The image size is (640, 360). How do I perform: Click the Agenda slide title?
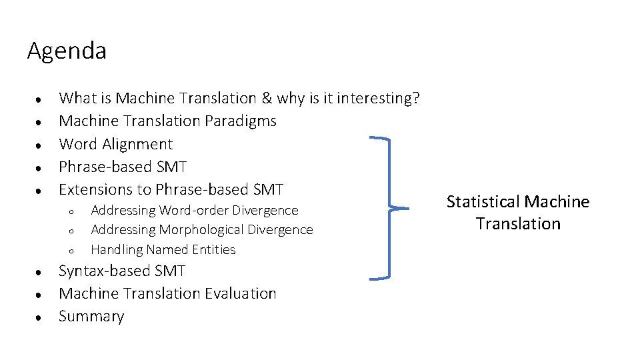click(67, 51)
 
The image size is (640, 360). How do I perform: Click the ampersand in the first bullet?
click(267, 99)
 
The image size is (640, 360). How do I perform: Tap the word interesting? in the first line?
click(378, 99)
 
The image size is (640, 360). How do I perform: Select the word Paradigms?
click(243, 121)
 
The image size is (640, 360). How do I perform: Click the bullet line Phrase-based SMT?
click(123, 167)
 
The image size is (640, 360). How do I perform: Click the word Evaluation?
click(241, 294)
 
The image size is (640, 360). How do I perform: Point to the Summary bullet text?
click(91, 317)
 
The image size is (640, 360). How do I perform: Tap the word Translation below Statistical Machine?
click(518, 224)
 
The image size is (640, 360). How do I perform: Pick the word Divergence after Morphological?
click(280, 230)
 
